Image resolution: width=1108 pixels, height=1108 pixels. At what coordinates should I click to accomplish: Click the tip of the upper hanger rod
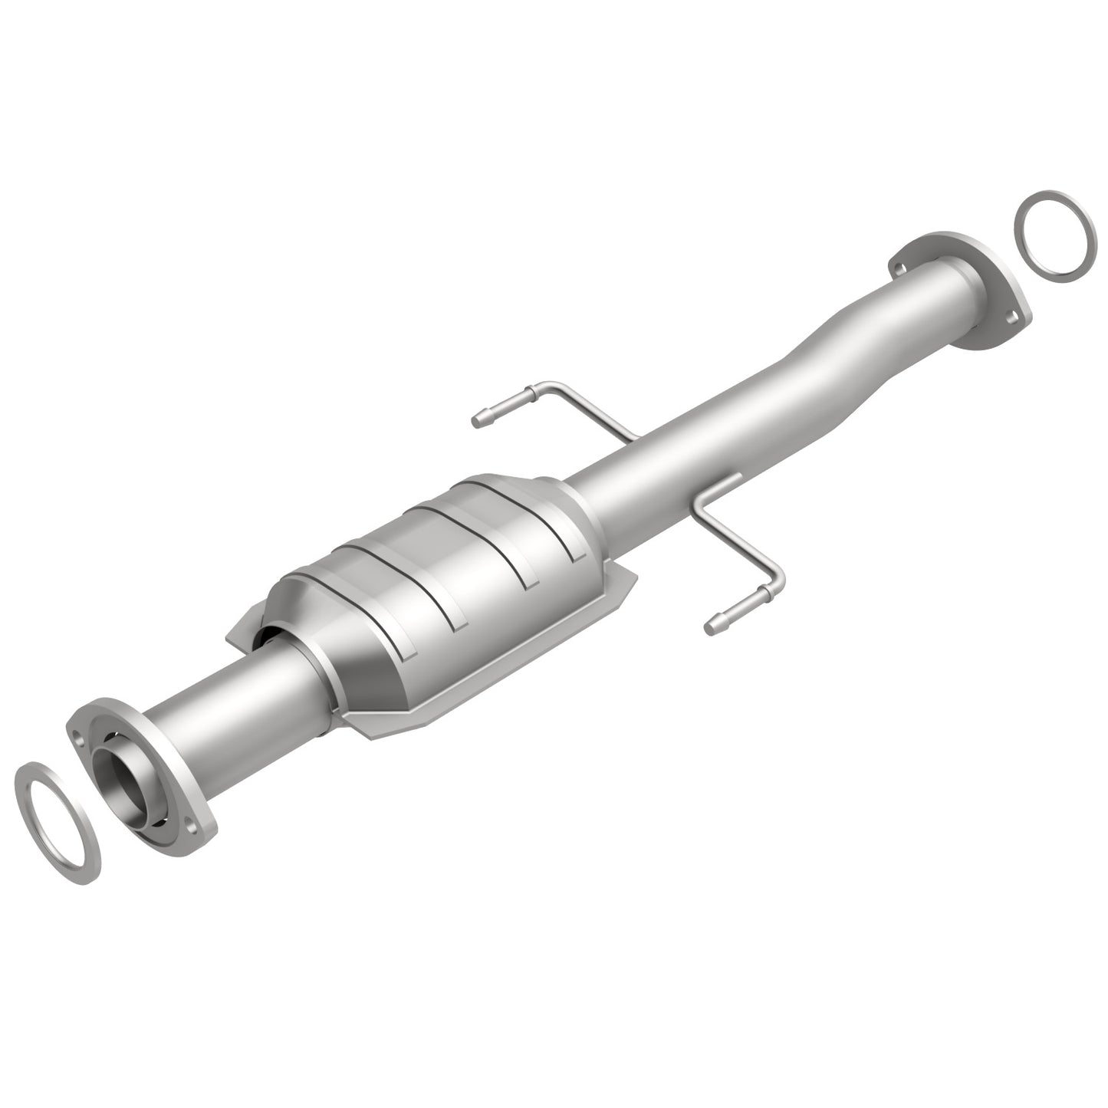(477, 419)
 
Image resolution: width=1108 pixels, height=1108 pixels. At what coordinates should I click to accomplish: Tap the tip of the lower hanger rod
(710, 630)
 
